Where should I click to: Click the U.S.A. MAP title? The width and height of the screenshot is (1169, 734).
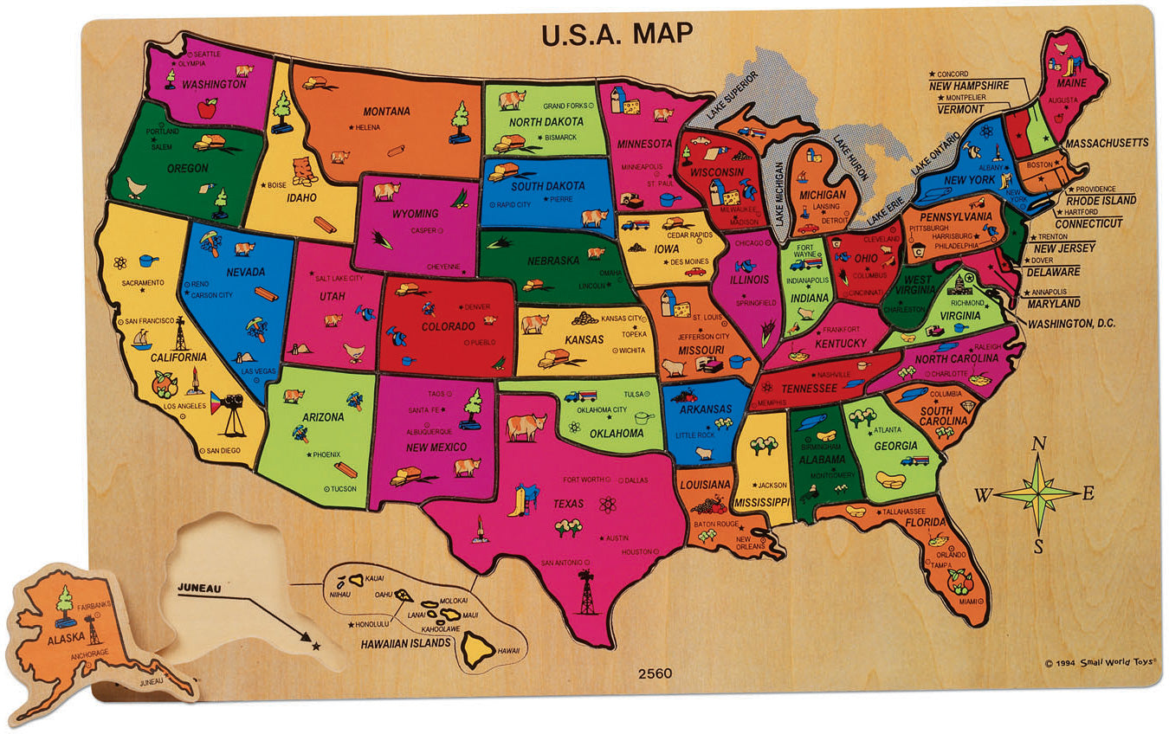[617, 33]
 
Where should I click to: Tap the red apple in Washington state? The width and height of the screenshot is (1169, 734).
[207, 107]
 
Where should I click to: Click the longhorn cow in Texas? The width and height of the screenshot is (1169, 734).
[526, 427]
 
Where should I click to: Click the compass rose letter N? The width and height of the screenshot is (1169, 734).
[1039, 444]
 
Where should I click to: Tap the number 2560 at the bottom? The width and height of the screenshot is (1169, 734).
[655, 673]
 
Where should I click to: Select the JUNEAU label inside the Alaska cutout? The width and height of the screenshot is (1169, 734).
[200, 588]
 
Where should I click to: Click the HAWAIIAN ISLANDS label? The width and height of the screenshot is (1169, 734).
[406, 643]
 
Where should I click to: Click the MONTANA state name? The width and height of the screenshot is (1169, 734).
[386, 111]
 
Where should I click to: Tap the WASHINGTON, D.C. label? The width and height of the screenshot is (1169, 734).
[1071, 323]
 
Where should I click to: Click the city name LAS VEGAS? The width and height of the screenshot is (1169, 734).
[259, 371]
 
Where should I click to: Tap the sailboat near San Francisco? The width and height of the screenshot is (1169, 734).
[141, 338]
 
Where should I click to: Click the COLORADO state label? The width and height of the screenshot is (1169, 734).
[448, 326]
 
